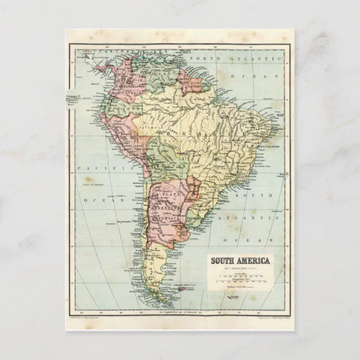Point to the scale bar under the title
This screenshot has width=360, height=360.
[x=240, y=276]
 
